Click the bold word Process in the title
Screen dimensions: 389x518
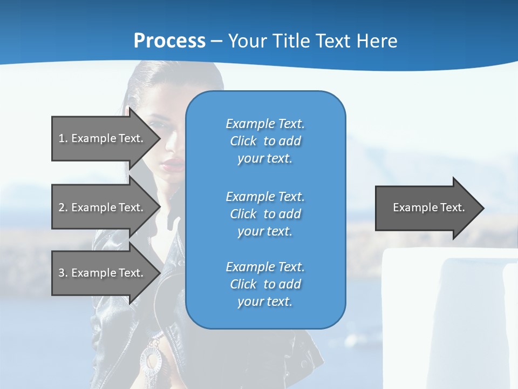click(169, 41)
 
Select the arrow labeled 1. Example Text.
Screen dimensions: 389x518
click(103, 138)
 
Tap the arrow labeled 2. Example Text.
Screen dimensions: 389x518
click(103, 207)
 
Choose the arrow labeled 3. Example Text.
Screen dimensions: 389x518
click(103, 273)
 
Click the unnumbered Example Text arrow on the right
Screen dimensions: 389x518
click(428, 207)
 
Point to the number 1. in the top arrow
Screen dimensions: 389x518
click(63, 138)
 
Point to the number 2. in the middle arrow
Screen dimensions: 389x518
click(63, 207)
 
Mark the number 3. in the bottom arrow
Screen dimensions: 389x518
click(63, 273)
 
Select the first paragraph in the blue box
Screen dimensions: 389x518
click(265, 141)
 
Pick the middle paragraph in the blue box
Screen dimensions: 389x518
click(265, 214)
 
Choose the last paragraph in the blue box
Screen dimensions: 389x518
click(265, 284)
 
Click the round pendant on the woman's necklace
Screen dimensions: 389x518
click(151, 359)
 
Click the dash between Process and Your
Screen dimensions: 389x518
click(216, 42)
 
